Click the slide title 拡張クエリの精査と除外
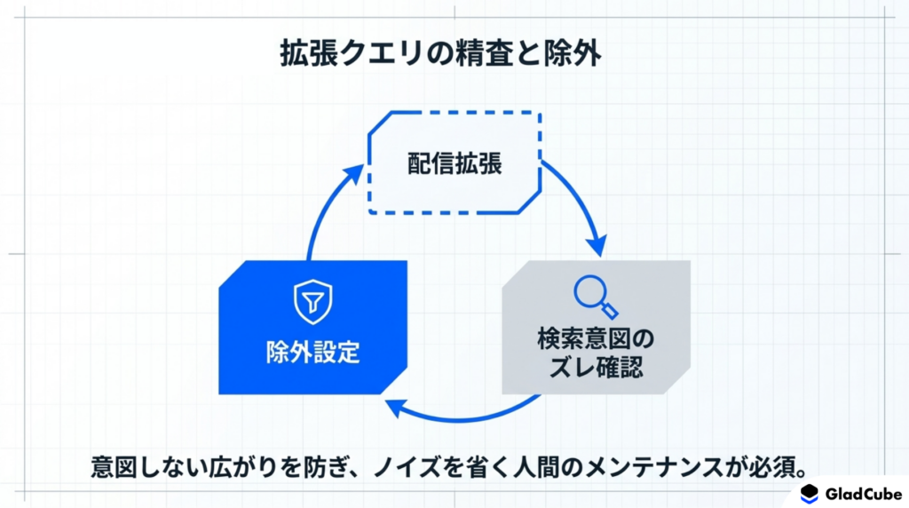440,53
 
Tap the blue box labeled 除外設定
313,327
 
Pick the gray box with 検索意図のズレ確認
596,327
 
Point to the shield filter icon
313,302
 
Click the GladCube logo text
863,494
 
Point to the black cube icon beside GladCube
810,494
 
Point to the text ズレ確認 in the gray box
596,367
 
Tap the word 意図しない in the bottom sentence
149,467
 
